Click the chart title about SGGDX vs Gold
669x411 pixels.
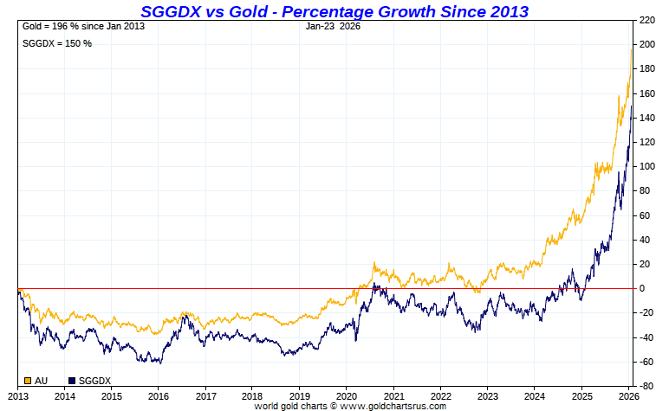334,10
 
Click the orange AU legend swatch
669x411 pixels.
28,381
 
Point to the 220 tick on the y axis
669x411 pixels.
646,19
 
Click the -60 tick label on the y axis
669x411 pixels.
646,362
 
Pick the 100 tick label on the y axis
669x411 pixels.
646,166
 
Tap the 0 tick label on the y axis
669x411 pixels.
642,288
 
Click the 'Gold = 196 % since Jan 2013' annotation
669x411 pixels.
83,26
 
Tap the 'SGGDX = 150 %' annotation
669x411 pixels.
56,43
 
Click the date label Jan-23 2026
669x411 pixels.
334,26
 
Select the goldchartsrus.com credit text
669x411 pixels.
350,405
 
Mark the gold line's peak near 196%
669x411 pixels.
631,49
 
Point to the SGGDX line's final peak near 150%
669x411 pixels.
632,106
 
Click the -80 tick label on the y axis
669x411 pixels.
646,386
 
